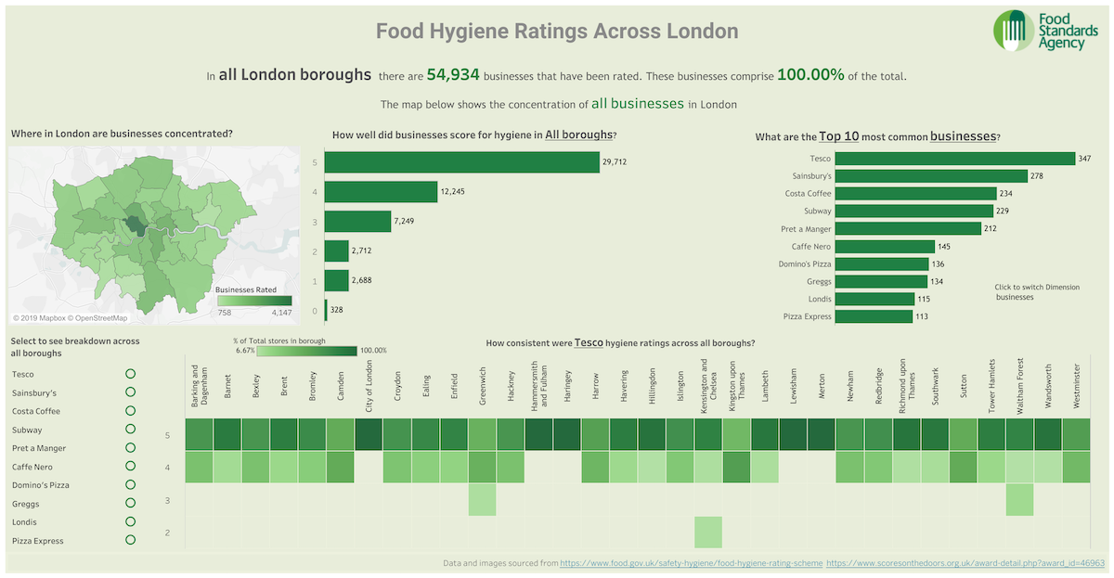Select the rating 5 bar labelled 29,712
pos(462,162)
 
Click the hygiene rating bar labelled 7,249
pos(358,221)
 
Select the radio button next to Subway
pos(130,430)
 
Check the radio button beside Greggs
pos(130,504)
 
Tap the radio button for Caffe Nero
pos(130,467)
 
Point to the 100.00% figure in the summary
pos(810,75)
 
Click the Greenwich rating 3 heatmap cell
pos(482,500)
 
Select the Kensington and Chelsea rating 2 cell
pos(708,533)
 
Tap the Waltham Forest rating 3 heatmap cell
pos(1020,500)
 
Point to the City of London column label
pos(369,384)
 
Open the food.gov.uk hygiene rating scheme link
pos(691,563)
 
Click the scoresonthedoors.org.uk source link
pos(965,563)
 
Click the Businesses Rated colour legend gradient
pos(253,302)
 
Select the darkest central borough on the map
pos(136,225)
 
